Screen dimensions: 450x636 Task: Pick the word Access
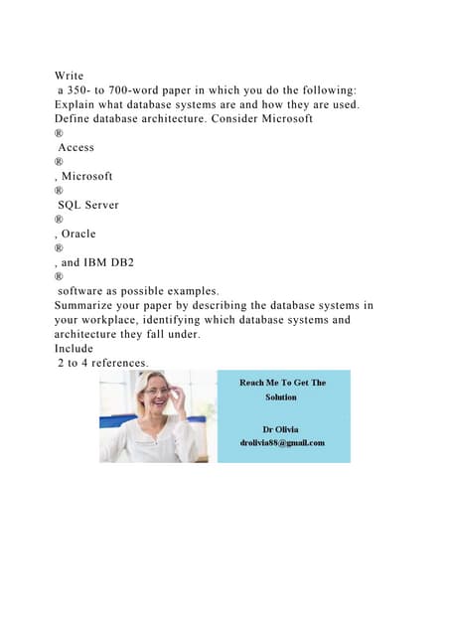[76, 147]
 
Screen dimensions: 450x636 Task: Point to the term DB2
[137, 262]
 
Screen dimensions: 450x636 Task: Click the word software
[88, 291]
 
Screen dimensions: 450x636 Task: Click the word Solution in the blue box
[283, 397]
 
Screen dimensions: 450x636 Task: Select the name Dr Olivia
[283, 428]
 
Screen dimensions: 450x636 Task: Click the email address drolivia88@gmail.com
[283, 443]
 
